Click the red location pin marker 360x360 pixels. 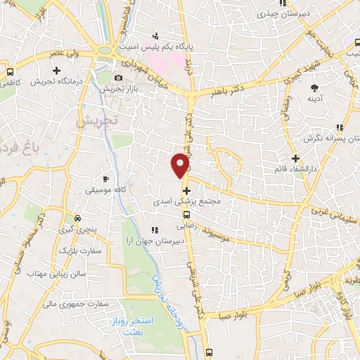tap(181, 166)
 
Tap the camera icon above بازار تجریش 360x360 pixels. tap(118, 77)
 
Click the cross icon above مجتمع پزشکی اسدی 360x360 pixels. tap(186, 190)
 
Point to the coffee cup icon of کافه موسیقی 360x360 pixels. tap(106, 179)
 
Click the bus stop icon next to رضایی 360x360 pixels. tap(186, 215)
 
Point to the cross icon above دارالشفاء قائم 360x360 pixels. tap(295, 158)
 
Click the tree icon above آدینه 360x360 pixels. tap(316, 88)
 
